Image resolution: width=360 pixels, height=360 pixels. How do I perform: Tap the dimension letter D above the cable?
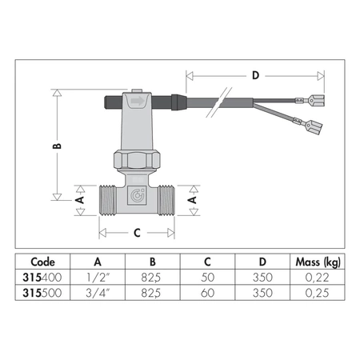pyautogui.click(x=254, y=76)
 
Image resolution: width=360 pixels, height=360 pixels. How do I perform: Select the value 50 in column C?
pyautogui.click(x=207, y=277)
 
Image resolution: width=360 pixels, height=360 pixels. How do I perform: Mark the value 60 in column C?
pyautogui.click(x=207, y=292)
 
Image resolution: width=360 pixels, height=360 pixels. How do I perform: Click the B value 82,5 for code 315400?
pyautogui.click(x=152, y=277)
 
